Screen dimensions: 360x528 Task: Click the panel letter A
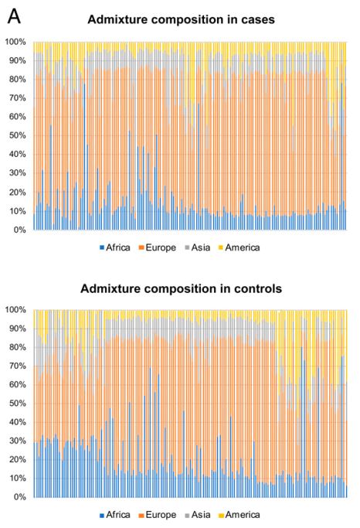pyautogui.click(x=14, y=16)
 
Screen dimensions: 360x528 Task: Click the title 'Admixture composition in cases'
pyautogui.click(x=181, y=19)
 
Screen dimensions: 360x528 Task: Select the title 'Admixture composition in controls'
pyautogui.click(x=181, y=289)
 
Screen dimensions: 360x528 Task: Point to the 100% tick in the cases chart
pyautogui.click(x=15, y=42)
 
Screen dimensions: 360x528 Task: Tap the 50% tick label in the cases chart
pyautogui.click(x=18, y=136)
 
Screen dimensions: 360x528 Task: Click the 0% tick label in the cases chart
pyautogui.click(x=19, y=230)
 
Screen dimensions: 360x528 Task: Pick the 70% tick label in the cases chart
pyautogui.click(x=18, y=98)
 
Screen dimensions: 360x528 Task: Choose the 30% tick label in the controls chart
pyautogui.click(x=18, y=441)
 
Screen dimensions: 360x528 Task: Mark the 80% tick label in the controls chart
pyautogui.click(x=18, y=347)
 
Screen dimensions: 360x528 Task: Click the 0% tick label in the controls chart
pyautogui.click(x=19, y=497)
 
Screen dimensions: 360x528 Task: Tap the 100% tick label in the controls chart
pyautogui.click(x=15, y=310)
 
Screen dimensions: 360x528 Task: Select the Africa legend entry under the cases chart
pyautogui.click(x=115, y=248)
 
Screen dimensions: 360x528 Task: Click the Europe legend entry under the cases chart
pyautogui.click(x=158, y=248)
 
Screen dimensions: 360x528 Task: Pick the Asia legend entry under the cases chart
pyautogui.click(x=198, y=248)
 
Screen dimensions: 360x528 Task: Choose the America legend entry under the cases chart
pyautogui.click(x=239, y=248)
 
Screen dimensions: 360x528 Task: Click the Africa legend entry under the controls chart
pyautogui.click(x=115, y=515)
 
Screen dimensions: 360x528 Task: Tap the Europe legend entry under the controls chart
pyautogui.click(x=158, y=515)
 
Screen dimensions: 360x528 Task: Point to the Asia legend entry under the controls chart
pyautogui.click(x=198, y=515)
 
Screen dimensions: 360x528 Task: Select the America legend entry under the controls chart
pyautogui.click(x=239, y=515)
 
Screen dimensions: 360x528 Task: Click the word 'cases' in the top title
pyautogui.click(x=258, y=20)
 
